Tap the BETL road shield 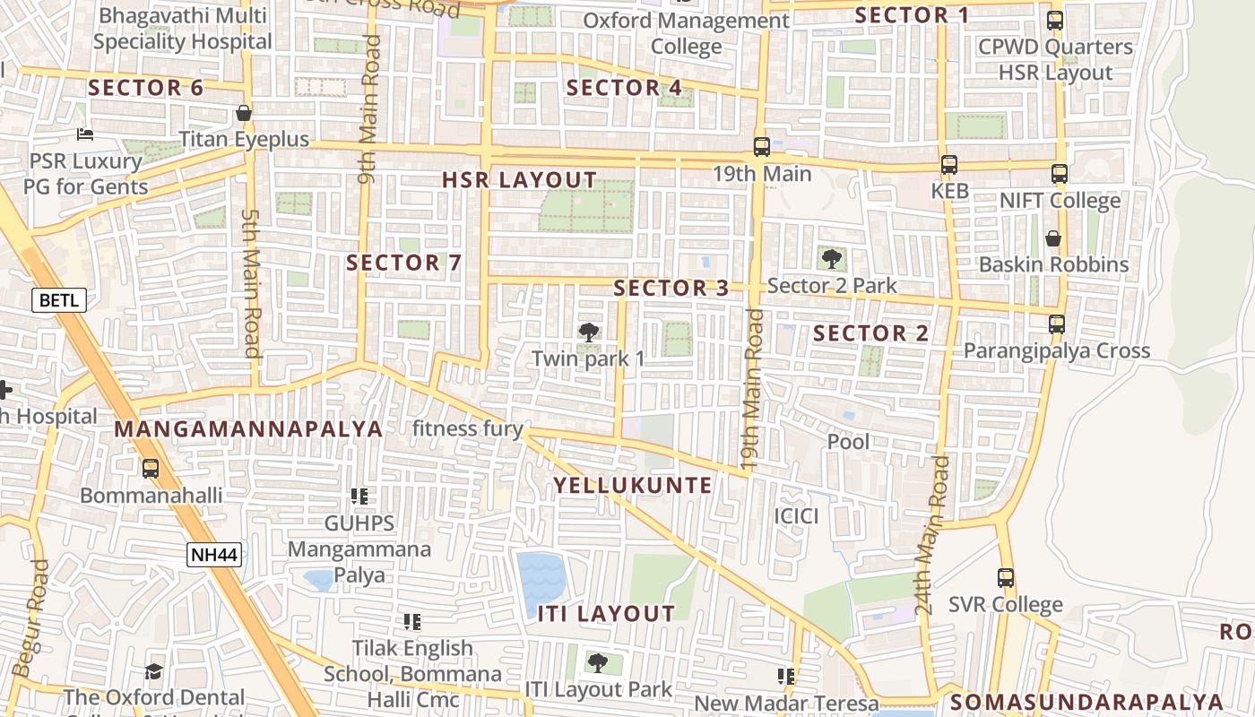pyautogui.click(x=59, y=300)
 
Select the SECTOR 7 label pyautogui.click(x=403, y=263)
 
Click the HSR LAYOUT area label pyautogui.click(x=520, y=180)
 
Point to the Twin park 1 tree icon pyautogui.click(x=588, y=333)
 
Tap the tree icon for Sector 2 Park pyautogui.click(x=832, y=260)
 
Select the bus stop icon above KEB pyautogui.click(x=949, y=165)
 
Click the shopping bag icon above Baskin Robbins pyautogui.click(x=1053, y=238)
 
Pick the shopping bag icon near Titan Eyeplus pyautogui.click(x=243, y=113)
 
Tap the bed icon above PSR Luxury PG pyautogui.click(x=85, y=134)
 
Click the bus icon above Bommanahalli pyautogui.click(x=151, y=468)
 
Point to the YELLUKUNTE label pyautogui.click(x=633, y=486)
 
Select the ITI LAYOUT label pyautogui.click(x=606, y=614)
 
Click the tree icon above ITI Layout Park pyautogui.click(x=597, y=663)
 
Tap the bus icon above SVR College pyautogui.click(x=1006, y=578)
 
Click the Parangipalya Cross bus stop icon pyautogui.click(x=1057, y=324)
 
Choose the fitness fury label pyautogui.click(x=467, y=428)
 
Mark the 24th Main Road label pyautogui.click(x=932, y=534)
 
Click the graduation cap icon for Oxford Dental pyautogui.click(x=154, y=671)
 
